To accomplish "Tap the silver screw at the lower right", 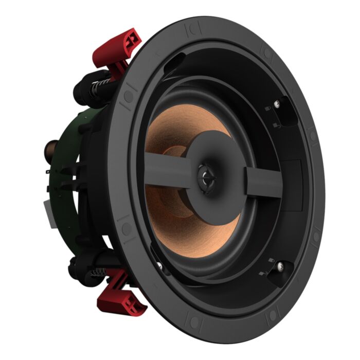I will coord(280,267).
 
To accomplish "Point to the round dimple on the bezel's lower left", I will coord(124,227).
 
